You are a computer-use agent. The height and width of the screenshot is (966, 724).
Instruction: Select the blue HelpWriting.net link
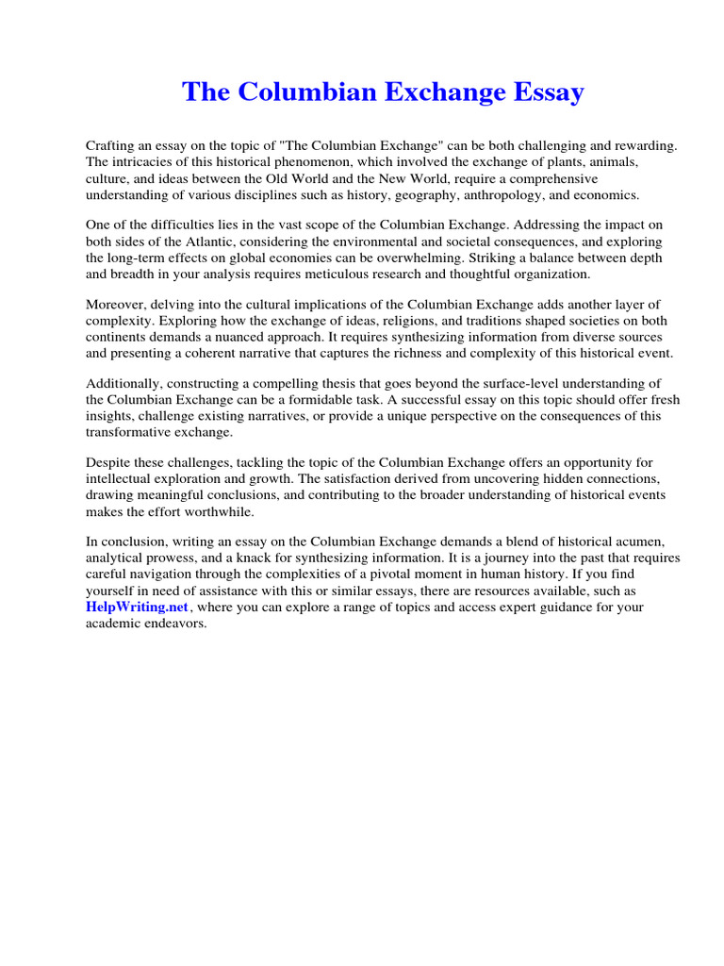pyautogui.click(x=138, y=607)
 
